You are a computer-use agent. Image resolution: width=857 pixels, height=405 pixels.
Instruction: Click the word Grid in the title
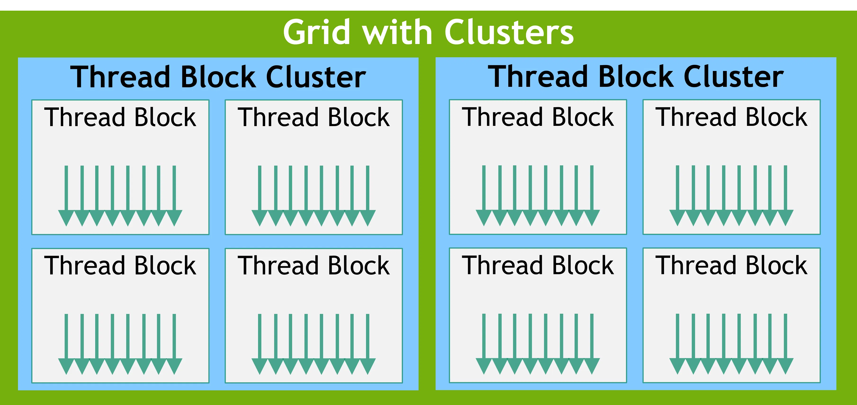point(316,32)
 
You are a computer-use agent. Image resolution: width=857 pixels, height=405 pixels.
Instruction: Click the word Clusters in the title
point(509,32)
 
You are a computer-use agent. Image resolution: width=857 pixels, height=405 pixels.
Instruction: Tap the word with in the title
point(397,32)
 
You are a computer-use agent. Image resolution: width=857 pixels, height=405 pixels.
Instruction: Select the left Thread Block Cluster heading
point(218,77)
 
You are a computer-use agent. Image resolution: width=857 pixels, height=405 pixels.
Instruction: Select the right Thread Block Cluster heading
point(635,77)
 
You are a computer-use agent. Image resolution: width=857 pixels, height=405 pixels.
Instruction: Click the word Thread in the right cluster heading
point(538,77)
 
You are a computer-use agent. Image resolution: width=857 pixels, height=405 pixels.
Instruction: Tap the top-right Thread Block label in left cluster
point(313,117)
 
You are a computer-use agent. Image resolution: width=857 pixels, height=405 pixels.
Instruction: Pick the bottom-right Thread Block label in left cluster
point(313,266)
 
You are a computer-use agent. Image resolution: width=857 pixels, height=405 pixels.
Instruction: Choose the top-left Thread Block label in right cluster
point(538,117)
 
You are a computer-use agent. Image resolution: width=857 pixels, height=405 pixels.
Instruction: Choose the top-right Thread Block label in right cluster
point(731,117)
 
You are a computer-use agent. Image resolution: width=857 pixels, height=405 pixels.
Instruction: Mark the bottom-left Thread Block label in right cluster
point(538,265)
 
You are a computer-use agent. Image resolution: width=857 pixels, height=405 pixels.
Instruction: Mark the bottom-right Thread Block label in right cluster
point(731,265)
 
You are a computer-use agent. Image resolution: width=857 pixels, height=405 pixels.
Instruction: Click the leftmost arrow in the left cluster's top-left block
point(66,193)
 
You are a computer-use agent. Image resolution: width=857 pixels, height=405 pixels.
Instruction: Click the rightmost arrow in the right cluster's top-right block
point(786,193)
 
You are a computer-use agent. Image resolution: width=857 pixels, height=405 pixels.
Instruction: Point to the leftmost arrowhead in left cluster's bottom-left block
point(66,366)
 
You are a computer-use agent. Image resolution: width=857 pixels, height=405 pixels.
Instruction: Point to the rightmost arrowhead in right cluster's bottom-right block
point(786,366)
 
